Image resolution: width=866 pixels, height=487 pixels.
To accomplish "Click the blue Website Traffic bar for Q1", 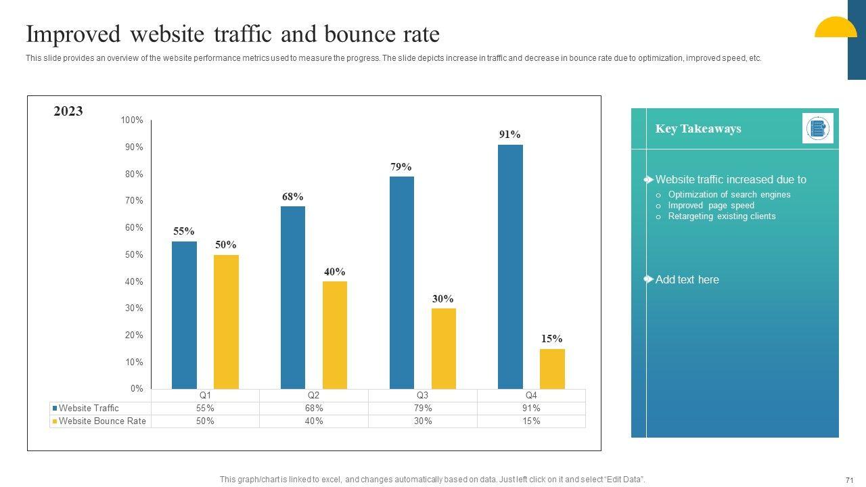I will [184, 315].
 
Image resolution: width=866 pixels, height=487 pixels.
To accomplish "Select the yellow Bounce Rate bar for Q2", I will [335, 335].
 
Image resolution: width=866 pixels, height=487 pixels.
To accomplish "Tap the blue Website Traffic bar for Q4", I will [510, 266].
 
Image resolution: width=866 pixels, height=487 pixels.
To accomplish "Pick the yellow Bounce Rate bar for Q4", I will [552, 369].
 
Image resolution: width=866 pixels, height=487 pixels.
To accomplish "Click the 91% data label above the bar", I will [510, 135].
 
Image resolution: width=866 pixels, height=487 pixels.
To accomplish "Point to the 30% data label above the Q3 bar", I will [443, 299].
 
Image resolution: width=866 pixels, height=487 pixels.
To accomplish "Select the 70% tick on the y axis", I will [133, 201].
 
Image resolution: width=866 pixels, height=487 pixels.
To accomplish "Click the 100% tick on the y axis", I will [132, 120].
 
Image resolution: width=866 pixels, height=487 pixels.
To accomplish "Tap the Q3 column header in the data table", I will [422, 395].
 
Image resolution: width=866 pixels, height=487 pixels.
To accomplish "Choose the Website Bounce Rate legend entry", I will [101, 421].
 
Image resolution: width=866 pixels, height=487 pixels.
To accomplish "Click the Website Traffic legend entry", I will [88, 408].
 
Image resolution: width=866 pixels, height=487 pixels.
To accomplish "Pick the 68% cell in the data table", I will [314, 408].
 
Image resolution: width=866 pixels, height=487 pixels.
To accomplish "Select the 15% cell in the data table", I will [531, 421].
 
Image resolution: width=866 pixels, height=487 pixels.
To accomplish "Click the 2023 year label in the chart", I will [68, 112].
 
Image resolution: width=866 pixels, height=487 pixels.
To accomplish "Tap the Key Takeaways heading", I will [698, 129].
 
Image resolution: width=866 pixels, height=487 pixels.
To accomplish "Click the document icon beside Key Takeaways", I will [817, 129].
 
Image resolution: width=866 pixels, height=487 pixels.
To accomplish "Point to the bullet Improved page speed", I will [711, 206].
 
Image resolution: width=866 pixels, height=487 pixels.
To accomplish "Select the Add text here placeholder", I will [687, 280].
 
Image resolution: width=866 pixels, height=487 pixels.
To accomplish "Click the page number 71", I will [850, 480].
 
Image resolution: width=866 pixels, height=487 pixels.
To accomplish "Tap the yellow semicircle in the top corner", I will [836, 28].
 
